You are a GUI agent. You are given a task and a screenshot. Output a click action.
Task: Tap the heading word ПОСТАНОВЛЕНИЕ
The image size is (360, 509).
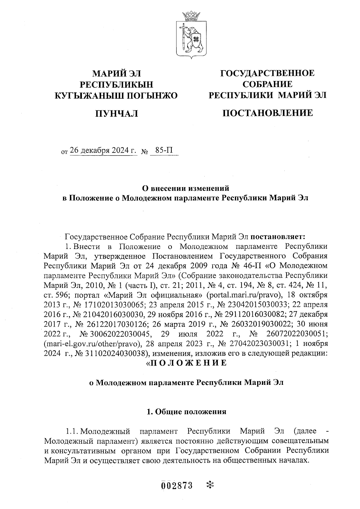tap(267, 113)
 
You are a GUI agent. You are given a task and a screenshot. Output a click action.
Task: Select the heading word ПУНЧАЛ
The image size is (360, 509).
tap(116, 114)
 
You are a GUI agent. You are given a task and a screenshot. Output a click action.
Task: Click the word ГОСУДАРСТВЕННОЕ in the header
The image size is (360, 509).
tap(267, 73)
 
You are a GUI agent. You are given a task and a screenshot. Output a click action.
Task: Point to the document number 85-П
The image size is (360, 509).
tap(164, 150)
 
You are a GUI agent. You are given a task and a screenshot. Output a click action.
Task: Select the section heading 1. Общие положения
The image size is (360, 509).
tap(186, 412)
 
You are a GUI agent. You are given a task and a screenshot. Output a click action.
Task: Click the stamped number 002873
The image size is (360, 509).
tap(177, 485)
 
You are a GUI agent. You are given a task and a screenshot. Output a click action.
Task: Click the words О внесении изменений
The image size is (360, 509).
tap(185, 188)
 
